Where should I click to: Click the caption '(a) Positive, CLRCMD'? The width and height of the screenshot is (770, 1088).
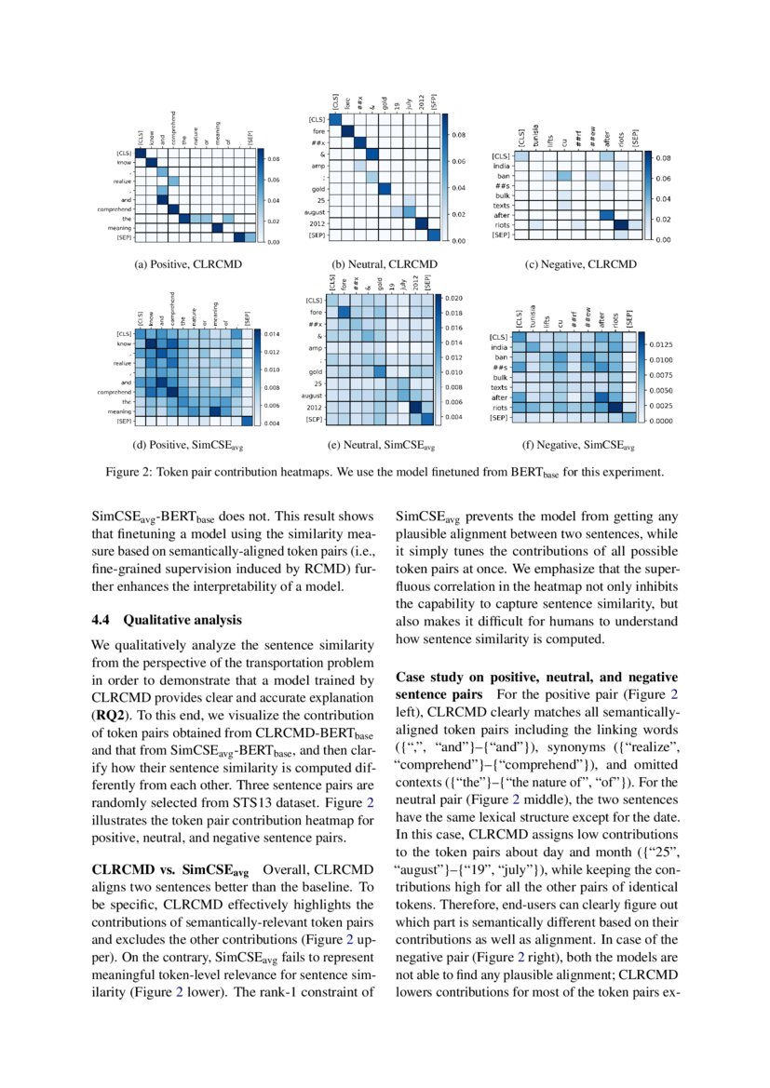pos(188,264)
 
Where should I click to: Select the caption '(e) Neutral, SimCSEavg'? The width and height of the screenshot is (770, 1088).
pos(380,447)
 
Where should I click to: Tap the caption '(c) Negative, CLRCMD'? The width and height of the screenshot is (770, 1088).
pos(582,264)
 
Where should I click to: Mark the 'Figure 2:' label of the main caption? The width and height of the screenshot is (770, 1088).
pos(131,472)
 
